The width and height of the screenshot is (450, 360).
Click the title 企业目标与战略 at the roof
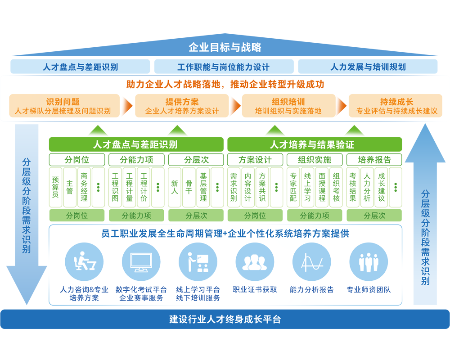pyautogui.click(x=225, y=47)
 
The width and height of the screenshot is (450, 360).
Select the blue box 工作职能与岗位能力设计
pyautogui.click(x=224, y=67)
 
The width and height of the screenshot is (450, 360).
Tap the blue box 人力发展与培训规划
pyautogui.click(x=368, y=67)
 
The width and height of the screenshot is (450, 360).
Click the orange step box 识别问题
pyautogui.click(x=64, y=106)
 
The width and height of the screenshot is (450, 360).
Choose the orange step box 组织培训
pyautogui.click(x=288, y=106)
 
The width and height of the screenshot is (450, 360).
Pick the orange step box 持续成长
pyautogui.click(x=396, y=106)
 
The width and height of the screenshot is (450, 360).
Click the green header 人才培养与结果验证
pyautogui.click(x=314, y=144)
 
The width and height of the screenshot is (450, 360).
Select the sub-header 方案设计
pyautogui.click(x=255, y=160)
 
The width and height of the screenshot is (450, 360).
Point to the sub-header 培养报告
pyautogui.click(x=374, y=160)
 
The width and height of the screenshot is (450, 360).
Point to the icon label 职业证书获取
pyautogui.click(x=255, y=290)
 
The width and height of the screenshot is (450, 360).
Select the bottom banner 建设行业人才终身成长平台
pyautogui.click(x=225, y=319)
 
